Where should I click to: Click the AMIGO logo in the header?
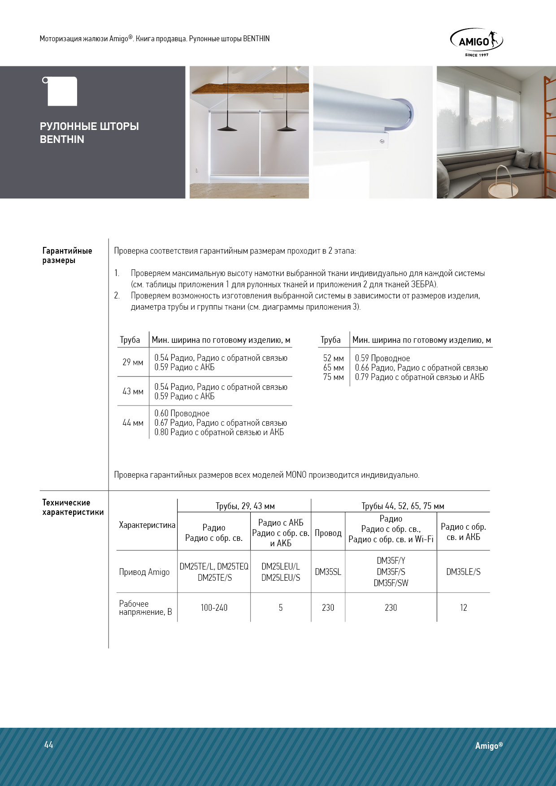tap(476, 42)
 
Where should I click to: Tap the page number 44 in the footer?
tap(49, 745)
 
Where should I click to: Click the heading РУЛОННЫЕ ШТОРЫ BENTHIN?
tap(89, 133)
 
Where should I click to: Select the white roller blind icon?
tap(61, 91)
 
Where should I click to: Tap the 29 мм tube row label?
tap(133, 362)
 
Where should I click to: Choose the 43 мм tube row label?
tap(133, 391)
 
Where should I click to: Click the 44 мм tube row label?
tap(133, 423)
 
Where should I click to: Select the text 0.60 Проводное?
tap(182, 413)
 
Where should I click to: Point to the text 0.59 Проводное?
tap(382, 358)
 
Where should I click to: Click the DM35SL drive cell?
tap(328, 572)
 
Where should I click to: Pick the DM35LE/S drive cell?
tap(463, 572)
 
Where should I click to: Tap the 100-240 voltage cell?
tap(214, 608)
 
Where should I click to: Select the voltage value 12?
tap(463, 608)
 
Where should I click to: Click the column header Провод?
tap(328, 533)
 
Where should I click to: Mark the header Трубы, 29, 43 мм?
tap(245, 506)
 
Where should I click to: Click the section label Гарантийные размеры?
tap(67, 255)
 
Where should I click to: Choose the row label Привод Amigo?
tap(144, 572)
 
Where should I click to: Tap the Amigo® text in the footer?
tap(489, 746)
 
